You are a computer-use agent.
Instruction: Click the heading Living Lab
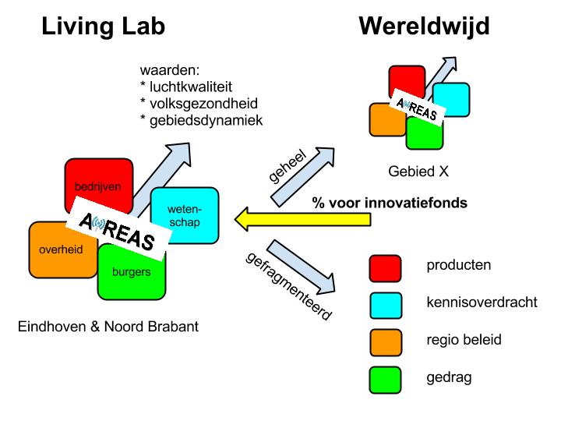coord(103,27)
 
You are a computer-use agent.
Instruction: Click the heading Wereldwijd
coord(424,27)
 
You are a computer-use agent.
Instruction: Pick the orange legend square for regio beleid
coord(385,341)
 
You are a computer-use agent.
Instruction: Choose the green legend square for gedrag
coord(385,379)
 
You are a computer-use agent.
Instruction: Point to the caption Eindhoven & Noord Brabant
coord(108,326)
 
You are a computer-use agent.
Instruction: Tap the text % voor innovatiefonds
coord(390,203)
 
